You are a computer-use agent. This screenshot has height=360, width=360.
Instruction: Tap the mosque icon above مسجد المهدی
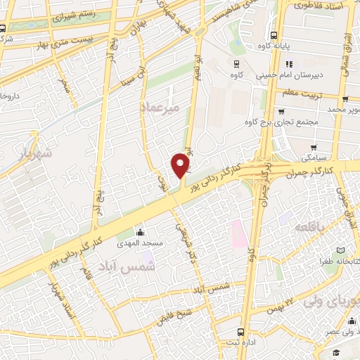tap(139, 233)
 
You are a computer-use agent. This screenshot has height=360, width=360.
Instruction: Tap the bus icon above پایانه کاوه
tap(273, 37)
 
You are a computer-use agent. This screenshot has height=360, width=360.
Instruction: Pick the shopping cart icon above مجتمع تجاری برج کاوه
tap(281, 110)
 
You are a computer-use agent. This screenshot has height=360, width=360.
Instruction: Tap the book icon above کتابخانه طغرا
tap(340, 251)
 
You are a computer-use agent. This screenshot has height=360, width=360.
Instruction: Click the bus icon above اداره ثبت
tap(241, 332)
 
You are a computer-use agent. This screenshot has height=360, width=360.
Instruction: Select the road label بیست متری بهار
tap(58, 43)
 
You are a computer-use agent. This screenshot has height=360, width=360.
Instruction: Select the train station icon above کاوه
tap(236, 62)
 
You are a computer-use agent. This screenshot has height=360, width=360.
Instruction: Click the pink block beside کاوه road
tap(236, 234)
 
